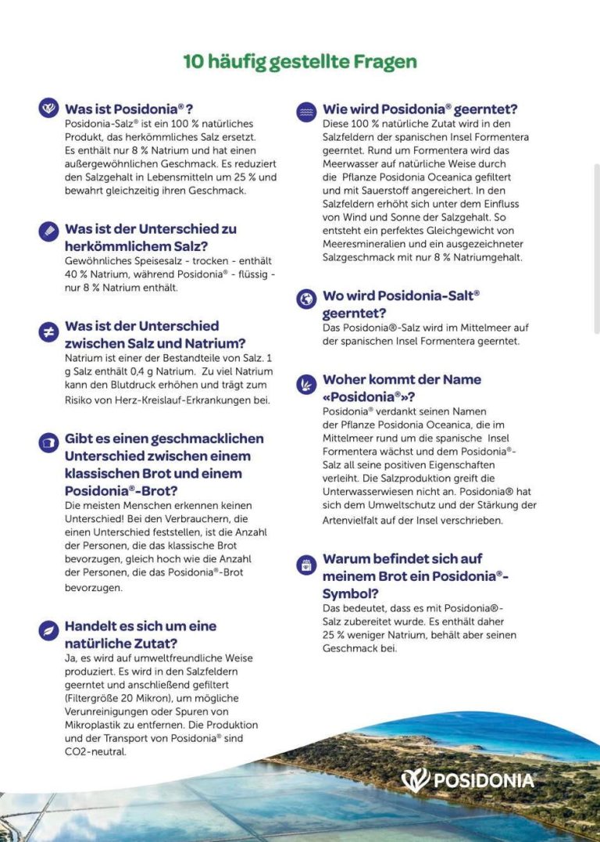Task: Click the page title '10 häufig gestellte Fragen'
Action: [300, 62]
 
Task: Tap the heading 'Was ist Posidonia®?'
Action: [129, 109]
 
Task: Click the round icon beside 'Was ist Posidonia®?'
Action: [48, 108]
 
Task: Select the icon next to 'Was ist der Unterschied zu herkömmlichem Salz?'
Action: [48, 231]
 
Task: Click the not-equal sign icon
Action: [48, 331]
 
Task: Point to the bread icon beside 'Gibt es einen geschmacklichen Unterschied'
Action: [48, 442]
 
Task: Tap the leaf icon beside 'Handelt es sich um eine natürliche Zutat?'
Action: [48, 630]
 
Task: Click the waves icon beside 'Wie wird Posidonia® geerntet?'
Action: [306, 112]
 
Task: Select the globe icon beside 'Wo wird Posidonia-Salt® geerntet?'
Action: [306, 299]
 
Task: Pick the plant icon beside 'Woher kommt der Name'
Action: [306, 384]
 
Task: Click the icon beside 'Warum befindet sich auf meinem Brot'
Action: [306, 564]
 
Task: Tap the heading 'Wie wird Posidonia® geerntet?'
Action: [420, 109]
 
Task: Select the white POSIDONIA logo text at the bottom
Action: [484, 780]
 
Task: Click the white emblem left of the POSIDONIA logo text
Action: [416, 779]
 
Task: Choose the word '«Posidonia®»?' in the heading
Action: [369, 396]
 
